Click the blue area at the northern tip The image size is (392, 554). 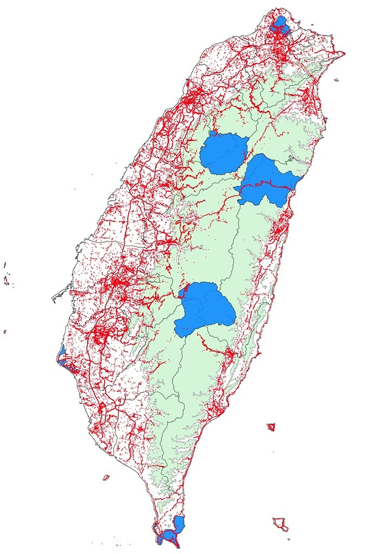point(278,25)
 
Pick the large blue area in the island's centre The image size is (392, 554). point(204,308)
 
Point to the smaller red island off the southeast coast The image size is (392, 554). point(271,428)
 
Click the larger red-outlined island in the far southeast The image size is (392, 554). point(280,524)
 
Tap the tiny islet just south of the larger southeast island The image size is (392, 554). point(289,539)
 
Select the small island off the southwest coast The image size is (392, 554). point(106,477)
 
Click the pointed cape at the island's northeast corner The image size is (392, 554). point(343,54)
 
